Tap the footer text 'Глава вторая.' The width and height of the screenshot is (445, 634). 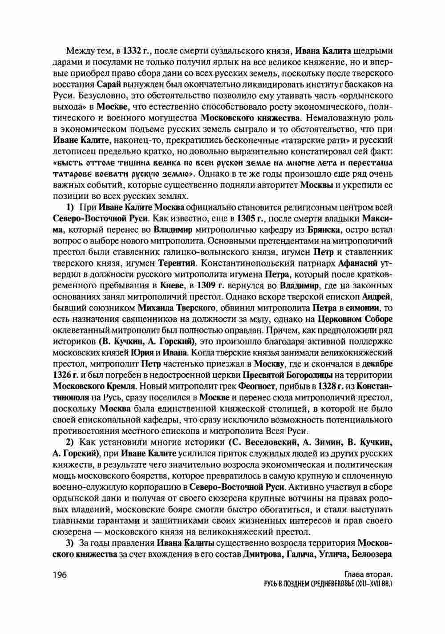pos(368,574)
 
